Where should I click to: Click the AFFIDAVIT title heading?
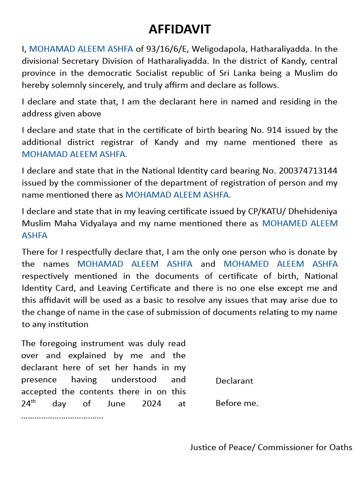[x=180, y=30]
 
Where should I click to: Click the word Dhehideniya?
[x=313, y=211]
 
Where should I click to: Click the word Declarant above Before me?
[x=234, y=381]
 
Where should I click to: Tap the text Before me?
[x=237, y=403]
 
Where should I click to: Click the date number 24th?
[x=29, y=403]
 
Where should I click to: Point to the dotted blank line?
[x=62, y=416]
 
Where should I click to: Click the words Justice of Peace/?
[x=223, y=447]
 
